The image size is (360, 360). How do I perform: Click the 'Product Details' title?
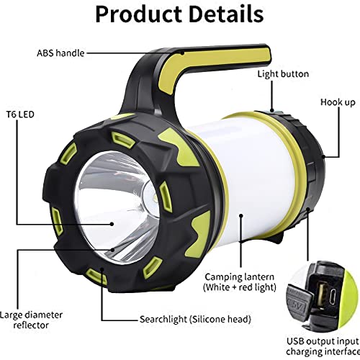click(x=179, y=14)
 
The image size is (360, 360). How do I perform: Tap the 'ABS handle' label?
click(x=60, y=53)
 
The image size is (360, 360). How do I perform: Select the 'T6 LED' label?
click(x=20, y=114)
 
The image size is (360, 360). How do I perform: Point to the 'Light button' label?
click(x=283, y=74)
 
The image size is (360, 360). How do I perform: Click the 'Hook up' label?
click(x=338, y=102)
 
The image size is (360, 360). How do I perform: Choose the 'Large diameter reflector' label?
click(x=31, y=320)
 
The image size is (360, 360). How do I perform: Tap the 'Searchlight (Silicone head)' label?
click(x=195, y=319)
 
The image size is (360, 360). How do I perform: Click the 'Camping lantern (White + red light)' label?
click(x=240, y=282)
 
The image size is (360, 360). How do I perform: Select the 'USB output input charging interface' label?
click(x=323, y=346)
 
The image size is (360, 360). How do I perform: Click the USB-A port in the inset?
click(x=321, y=297)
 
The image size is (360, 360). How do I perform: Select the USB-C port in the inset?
click(x=333, y=297)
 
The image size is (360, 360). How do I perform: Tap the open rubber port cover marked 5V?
click(x=298, y=301)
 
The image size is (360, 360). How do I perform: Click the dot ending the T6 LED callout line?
click(x=112, y=224)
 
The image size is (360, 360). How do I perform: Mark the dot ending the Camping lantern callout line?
click(x=241, y=215)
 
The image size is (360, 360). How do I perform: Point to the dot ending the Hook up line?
click(x=323, y=157)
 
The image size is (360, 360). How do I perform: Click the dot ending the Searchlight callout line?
click(x=102, y=269)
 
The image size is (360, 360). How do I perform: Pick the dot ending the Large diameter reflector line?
click(x=112, y=250)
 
